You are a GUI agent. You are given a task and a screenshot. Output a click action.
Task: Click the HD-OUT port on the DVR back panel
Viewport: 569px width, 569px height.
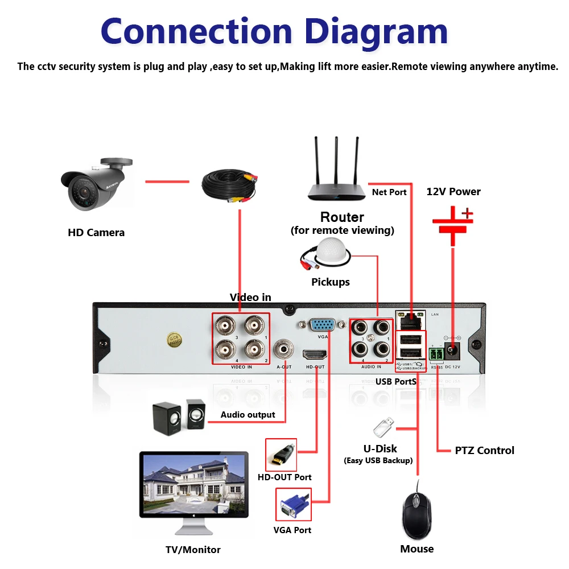pos(315,354)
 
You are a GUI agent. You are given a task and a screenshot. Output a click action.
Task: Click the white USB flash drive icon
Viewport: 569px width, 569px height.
pos(384,427)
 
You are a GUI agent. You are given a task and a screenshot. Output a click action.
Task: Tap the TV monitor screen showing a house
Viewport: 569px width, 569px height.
pos(193,484)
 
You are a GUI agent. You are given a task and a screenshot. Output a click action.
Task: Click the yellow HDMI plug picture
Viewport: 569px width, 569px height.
pos(281,455)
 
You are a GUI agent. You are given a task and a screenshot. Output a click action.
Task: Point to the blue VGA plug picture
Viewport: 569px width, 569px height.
pos(293,505)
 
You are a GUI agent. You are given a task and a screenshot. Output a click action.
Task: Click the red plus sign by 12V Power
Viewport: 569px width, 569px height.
pos(467,214)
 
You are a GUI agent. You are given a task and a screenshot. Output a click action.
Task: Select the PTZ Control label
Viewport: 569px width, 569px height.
pos(484,450)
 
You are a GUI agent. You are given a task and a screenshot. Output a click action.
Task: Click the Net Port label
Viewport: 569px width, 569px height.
pos(389,192)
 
